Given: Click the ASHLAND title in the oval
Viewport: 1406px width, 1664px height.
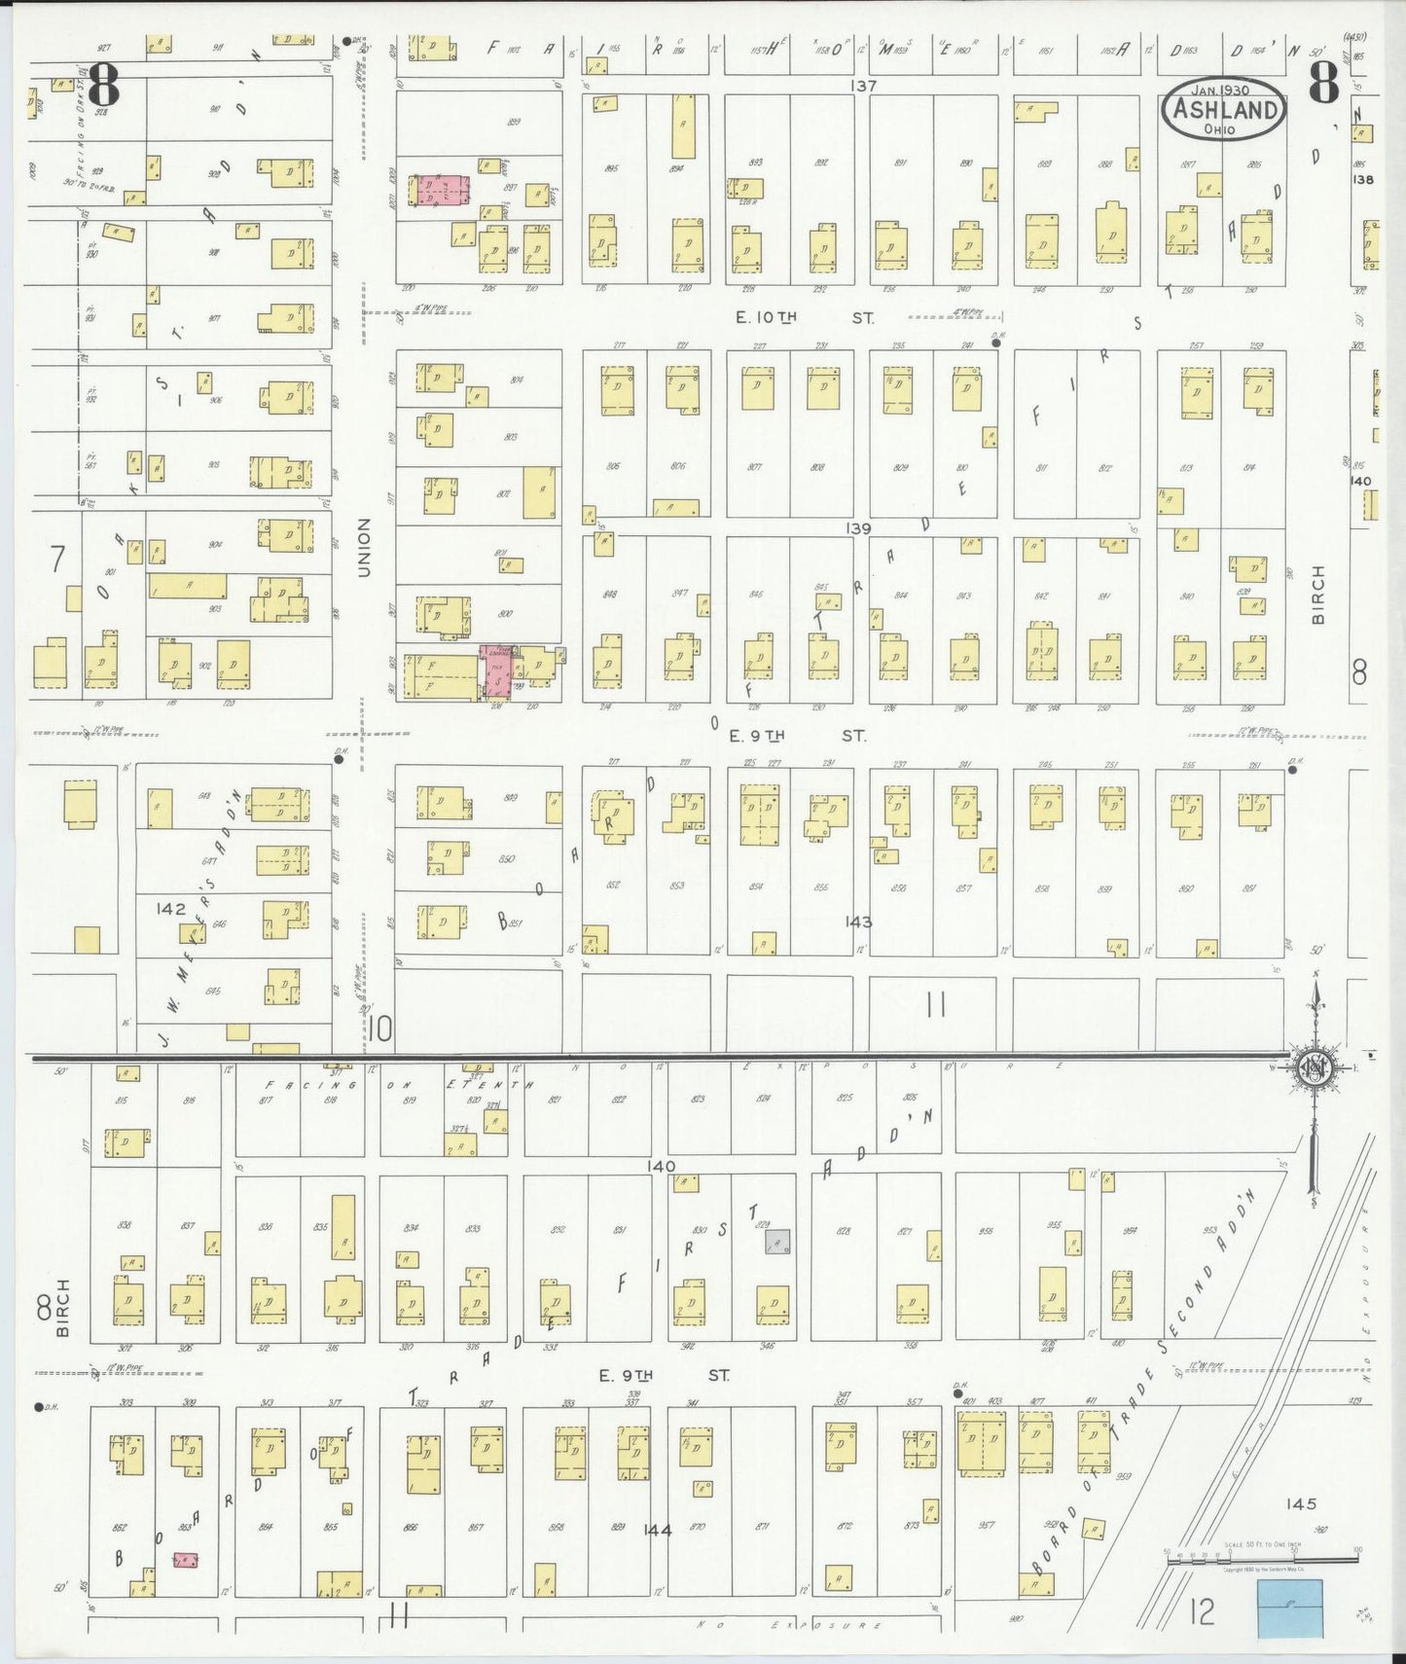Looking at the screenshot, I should [1224, 109].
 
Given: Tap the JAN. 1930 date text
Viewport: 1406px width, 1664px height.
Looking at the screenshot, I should [1224, 89].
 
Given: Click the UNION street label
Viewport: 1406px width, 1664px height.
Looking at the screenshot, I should [364, 547].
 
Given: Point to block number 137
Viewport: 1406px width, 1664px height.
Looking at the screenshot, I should [862, 86].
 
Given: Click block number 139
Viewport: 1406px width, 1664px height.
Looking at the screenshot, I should [858, 528].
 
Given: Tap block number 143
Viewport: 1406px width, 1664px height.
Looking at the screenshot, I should [858, 922].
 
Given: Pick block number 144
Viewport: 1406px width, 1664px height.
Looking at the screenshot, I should [658, 1530].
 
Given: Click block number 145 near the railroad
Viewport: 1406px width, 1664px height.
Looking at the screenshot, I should [1300, 1503].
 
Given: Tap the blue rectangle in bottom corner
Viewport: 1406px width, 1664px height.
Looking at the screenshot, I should [1289, 1607].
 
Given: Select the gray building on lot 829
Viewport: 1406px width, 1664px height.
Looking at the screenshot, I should [776, 1242].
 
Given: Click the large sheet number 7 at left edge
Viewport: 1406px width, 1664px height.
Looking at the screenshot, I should [57, 559].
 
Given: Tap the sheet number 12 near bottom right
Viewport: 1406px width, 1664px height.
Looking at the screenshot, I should [1203, 1611].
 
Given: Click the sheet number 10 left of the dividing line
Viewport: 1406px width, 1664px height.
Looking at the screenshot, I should [380, 1028].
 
